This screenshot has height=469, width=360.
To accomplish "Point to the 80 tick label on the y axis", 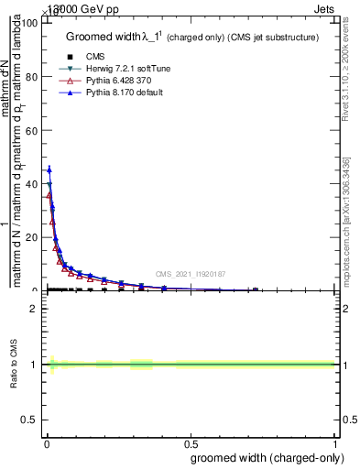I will coord(32,77).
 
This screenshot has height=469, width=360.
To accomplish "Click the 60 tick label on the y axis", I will coord(32,131).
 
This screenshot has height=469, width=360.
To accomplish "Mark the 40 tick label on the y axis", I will coord(32,184).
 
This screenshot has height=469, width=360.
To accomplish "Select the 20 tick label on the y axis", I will coord(32,238).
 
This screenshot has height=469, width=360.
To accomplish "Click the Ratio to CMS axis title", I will coord(14,365).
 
